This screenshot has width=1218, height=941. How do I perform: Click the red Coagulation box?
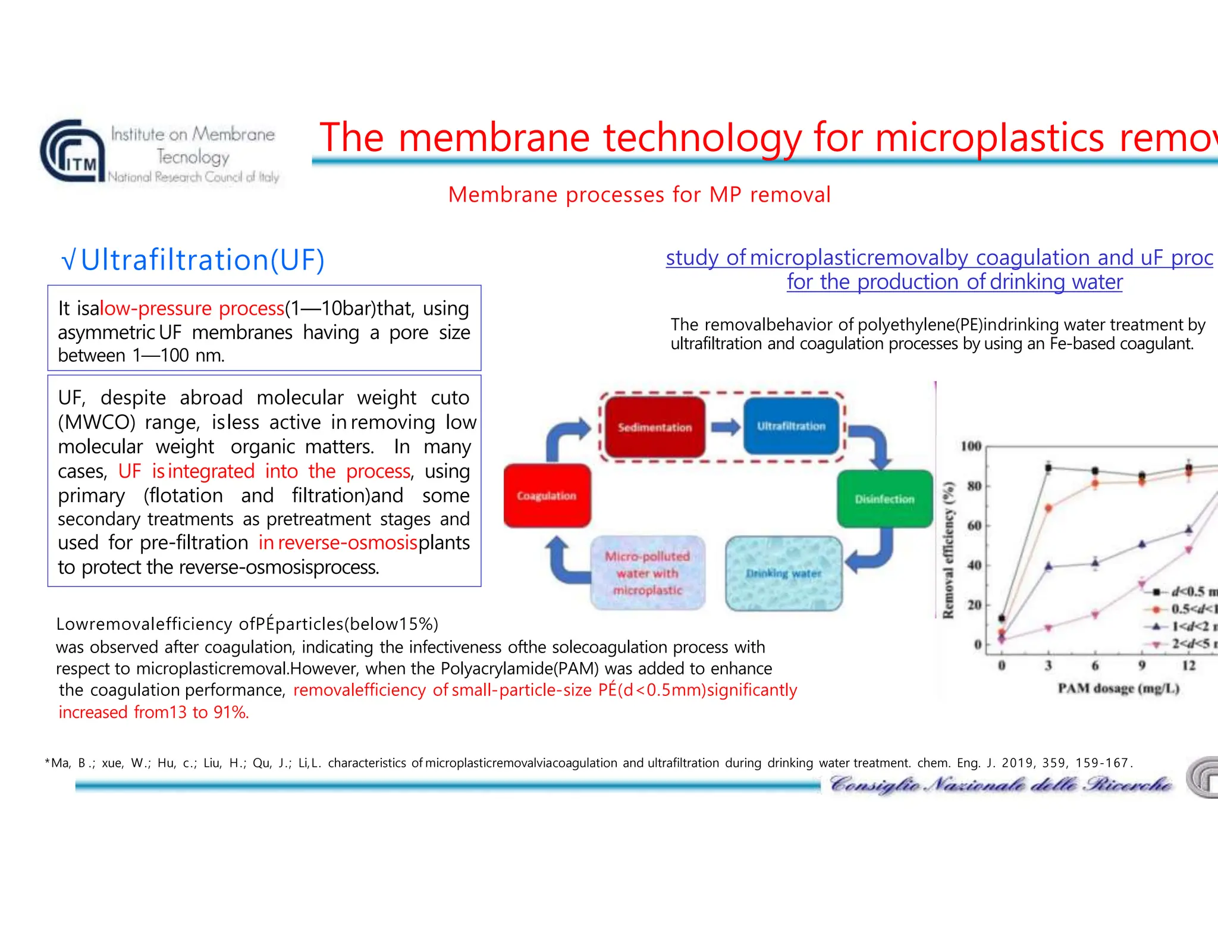point(547,495)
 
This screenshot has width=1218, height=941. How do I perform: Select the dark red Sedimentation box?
point(654,427)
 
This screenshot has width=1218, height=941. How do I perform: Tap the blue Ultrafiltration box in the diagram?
point(791,426)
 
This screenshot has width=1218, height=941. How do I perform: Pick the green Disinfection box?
point(884,498)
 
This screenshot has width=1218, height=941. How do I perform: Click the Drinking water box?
point(783,573)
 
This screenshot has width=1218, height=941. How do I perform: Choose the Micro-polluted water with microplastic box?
point(648,573)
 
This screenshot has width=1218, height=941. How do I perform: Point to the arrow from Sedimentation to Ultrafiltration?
point(725,426)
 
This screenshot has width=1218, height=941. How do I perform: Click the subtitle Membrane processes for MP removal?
point(639,195)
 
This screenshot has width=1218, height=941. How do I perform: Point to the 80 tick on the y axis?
point(974,486)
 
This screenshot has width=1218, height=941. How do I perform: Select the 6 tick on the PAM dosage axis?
point(1095,665)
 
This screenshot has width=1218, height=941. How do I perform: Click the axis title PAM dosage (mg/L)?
point(1118,688)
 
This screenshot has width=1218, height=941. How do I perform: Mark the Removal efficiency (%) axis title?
point(949,549)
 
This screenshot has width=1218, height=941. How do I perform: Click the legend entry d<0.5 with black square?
point(1181,591)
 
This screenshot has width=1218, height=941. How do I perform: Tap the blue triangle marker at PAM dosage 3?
point(1049,566)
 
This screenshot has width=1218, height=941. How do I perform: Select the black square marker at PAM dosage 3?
point(1049,468)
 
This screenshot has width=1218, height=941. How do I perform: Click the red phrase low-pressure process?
point(192,308)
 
